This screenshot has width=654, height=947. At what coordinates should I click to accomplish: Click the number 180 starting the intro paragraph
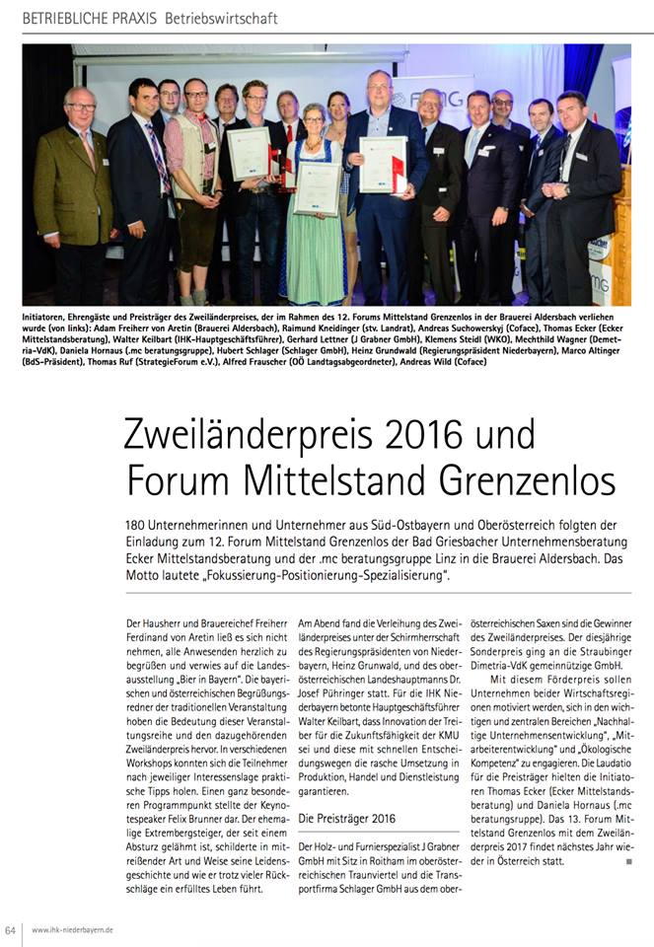138,526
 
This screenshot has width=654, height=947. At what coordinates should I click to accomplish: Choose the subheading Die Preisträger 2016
346,819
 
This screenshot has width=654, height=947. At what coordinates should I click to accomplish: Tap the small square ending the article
627,861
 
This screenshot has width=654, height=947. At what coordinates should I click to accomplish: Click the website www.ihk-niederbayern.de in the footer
72,929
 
